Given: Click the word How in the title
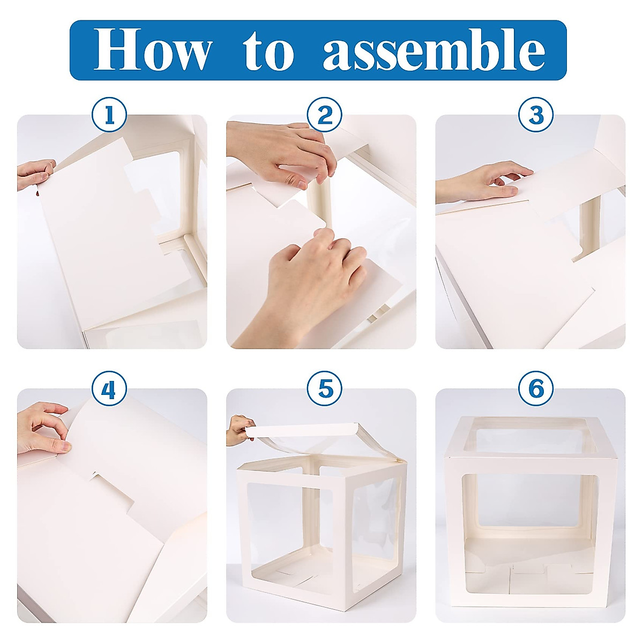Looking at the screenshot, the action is (x=153, y=50).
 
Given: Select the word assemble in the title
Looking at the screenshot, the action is (x=434, y=50).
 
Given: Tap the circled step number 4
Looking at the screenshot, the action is (x=109, y=389).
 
